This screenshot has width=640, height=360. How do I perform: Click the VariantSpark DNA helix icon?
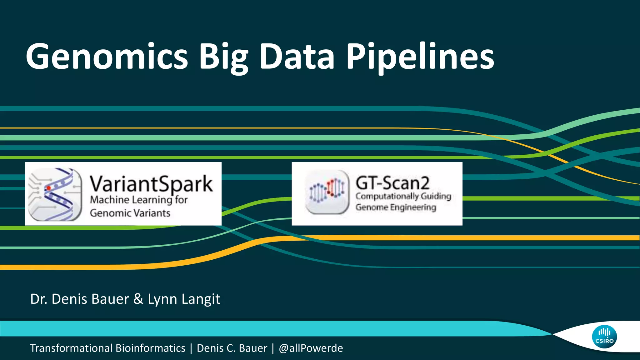55,194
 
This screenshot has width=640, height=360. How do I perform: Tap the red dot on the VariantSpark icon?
48,188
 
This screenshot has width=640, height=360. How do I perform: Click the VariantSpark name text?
151,184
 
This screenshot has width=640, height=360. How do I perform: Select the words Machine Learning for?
139,200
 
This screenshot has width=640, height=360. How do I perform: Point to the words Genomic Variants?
130,213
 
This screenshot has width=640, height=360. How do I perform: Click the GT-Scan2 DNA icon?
327,192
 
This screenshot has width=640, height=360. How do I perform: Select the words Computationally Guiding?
403,196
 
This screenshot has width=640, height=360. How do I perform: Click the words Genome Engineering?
396,207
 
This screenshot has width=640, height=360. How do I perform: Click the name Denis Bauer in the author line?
90,299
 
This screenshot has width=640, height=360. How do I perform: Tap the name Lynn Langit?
184,299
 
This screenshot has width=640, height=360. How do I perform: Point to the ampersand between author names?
138,299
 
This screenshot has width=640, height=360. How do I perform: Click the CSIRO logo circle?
604,337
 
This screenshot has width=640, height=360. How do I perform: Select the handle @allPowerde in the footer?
311,348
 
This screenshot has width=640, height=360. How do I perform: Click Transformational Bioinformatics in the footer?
107,348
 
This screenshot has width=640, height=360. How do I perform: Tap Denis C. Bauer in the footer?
232,348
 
